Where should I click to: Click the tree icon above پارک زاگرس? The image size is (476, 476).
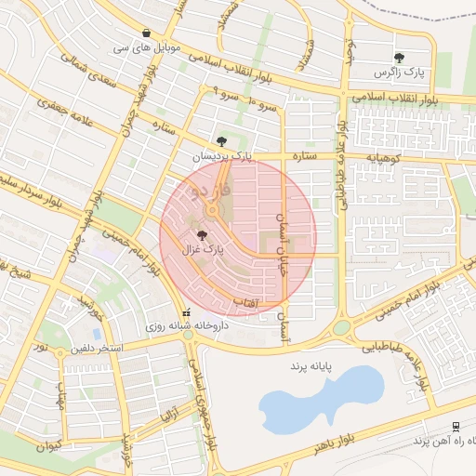click(x=399, y=58)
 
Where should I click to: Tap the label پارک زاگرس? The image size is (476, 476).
click(x=399, y=72)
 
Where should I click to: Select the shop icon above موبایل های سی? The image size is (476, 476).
click(x=149, y=31)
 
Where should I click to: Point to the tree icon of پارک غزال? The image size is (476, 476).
click(x=203, y=235)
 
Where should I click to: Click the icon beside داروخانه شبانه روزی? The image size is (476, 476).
click(x=188, y=313)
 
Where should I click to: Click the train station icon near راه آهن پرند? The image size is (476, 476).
click(x=455, y=426)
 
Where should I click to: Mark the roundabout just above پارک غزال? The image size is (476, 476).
click(x=216, y=214)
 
